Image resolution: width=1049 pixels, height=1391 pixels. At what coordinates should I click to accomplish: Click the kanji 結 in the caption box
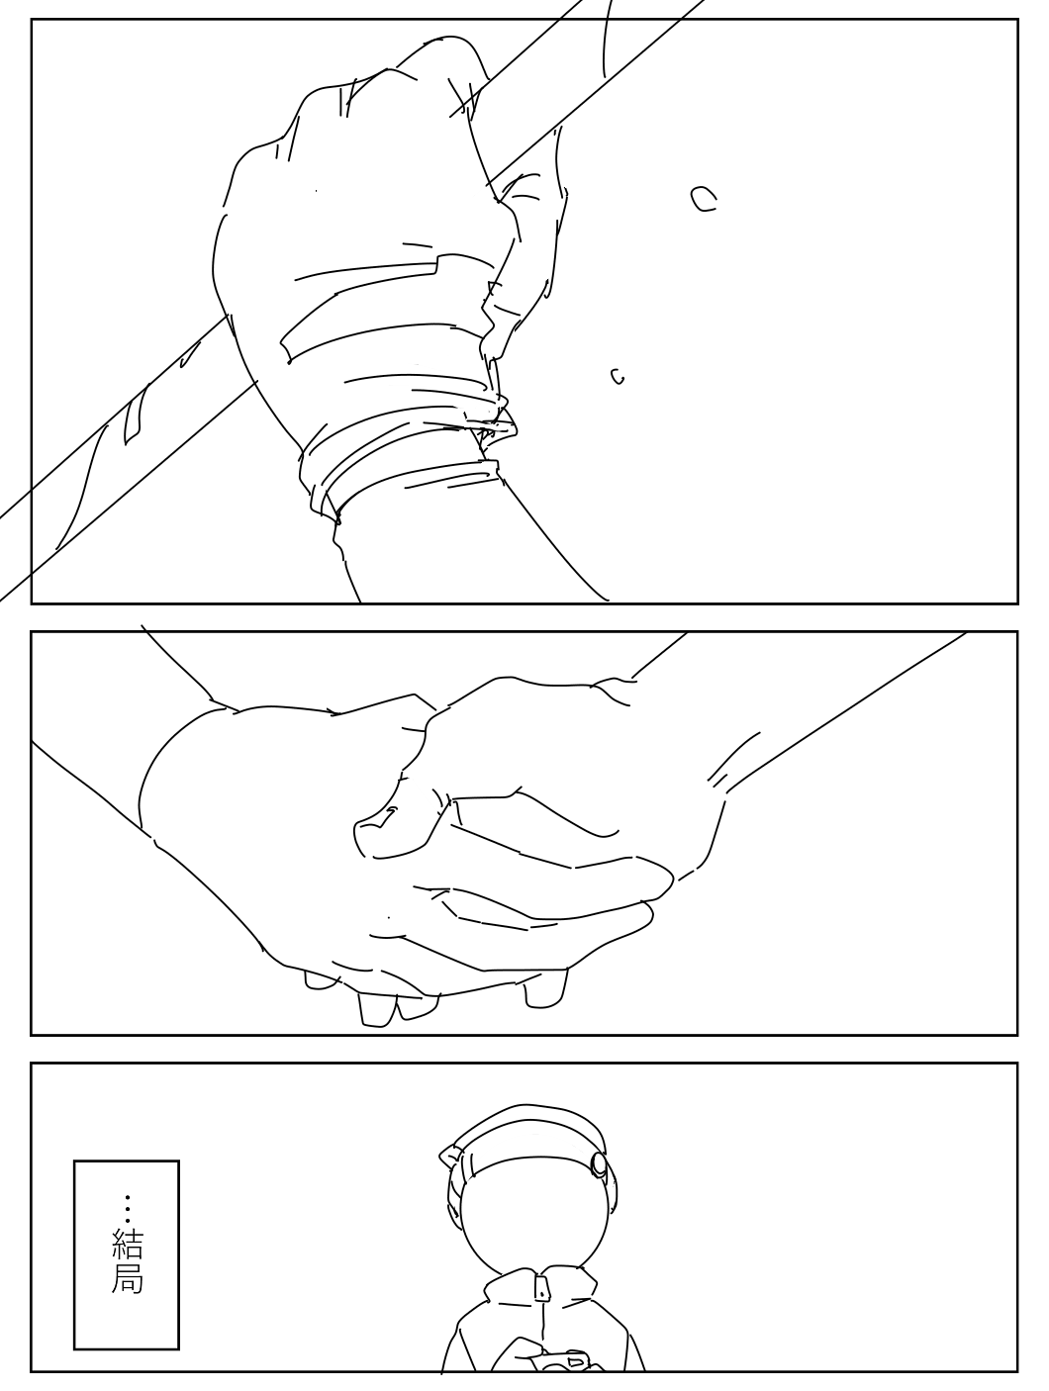128,1244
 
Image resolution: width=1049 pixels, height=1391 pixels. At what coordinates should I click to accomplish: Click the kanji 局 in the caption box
128,1277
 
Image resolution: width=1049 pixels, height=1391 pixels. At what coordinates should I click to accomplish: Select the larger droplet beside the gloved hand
703,198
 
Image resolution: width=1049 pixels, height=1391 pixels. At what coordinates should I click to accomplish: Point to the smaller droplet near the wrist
618,376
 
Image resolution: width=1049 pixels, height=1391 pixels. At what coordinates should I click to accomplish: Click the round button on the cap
598,1162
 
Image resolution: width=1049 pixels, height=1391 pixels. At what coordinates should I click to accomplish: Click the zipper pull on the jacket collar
541,1288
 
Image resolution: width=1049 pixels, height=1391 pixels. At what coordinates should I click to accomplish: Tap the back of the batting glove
355,209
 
